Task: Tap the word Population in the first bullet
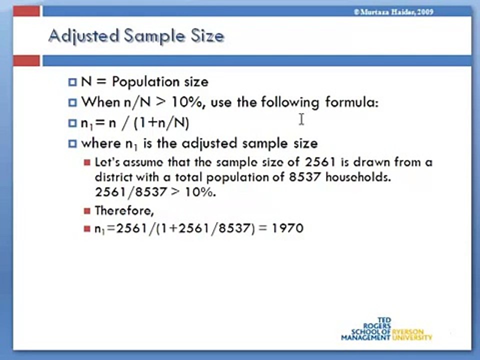point(146,81)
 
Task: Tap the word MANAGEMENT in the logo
point(365,337)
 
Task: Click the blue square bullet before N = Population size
point(72,82)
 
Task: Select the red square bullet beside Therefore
point(87,210)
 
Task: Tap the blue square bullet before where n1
point(72,144)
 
